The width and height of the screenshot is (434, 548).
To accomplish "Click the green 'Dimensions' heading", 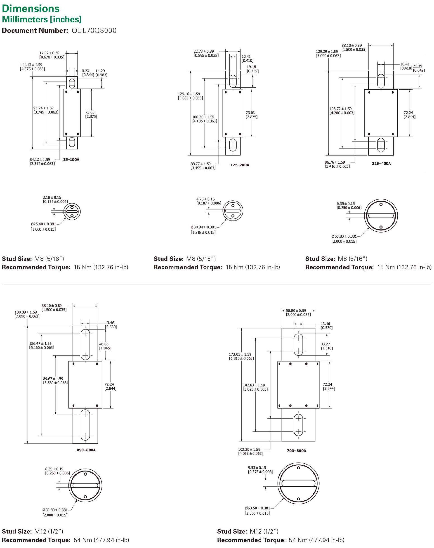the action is (x=31, y=8).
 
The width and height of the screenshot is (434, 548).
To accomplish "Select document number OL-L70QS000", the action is (x=94, y=30).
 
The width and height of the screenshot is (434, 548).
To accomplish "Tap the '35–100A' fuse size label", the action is (x=71, y=160).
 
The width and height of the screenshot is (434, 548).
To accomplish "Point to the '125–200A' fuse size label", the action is (x=240, y=165).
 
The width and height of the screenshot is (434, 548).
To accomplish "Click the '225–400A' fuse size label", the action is (x=381, y=163).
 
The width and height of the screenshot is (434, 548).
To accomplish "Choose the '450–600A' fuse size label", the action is (x=86, y=450).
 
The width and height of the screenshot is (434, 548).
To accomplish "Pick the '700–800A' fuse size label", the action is (x=296, y=450).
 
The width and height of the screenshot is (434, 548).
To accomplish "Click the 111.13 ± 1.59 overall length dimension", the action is (x=31, y=65).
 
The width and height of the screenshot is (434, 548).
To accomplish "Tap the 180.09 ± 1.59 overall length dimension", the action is (x=26, y=312).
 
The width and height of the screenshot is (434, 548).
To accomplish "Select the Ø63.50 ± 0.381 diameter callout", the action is (x=257, y=508).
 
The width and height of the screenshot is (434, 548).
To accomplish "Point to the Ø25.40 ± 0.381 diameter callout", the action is (x=43, y=224).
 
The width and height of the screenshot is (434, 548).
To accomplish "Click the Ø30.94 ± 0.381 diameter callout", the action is (x=203, y=227).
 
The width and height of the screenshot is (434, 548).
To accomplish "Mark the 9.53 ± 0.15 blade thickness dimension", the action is (x=257, y=468).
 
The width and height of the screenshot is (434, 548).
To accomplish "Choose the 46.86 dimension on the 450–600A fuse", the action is (x=104, y=344).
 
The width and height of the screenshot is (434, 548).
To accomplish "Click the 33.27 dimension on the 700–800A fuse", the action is (x=325, y=344).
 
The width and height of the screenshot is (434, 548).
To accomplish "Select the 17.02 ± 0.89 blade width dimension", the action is (x=49, y=53).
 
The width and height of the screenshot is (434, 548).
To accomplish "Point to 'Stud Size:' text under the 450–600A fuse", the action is (x=17, y=531).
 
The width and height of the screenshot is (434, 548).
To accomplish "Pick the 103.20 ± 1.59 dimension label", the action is (x=249, y=449).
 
